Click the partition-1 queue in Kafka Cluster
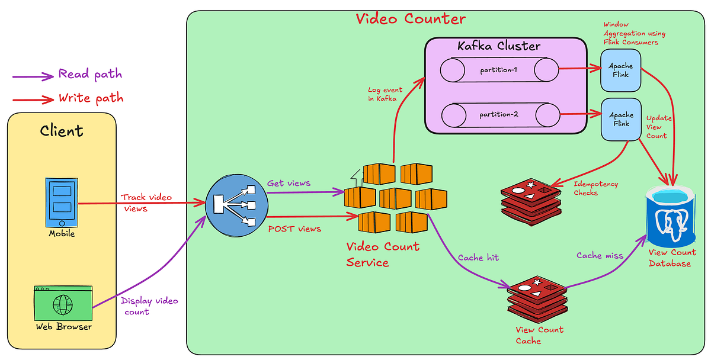(x=499, y=70)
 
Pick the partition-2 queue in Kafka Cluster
(x=499, y=114)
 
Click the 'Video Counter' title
(x=411, y=18)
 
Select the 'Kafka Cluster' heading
(x=499, y=46)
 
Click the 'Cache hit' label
(x=478, y=258)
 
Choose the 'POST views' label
(x=294, y=229)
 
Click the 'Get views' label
(x=289, y=183)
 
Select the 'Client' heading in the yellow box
(x=62, y=131)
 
